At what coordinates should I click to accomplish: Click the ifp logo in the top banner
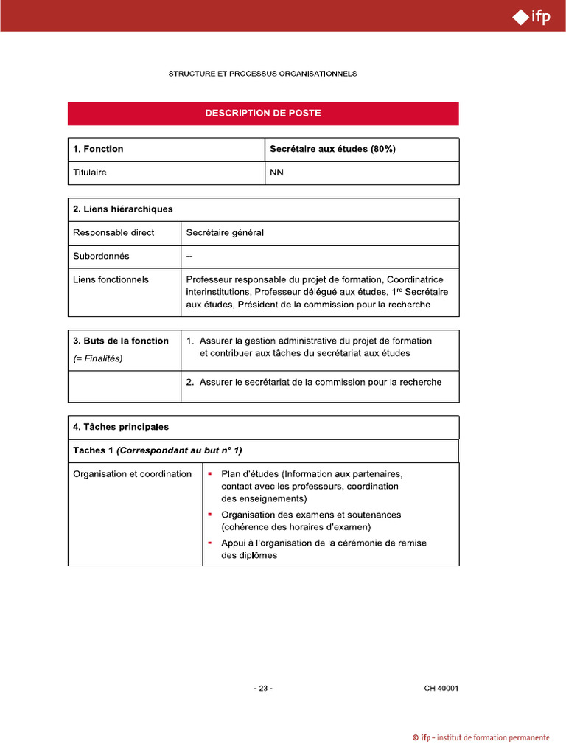coord(531,16)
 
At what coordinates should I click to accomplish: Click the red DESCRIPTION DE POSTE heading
coord(263,114)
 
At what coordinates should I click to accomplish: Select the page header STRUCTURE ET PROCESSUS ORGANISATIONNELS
coord(263,74)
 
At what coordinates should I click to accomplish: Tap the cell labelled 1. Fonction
coord(98,149)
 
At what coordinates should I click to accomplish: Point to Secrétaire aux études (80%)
coord(332,149)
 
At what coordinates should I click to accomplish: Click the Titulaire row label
coord(90,173)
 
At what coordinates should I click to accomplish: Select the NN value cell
coord(277,173)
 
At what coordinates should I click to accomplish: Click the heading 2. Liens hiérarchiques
coord(123,209)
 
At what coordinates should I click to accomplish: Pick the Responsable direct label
coord(113,233)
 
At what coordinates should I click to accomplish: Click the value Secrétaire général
coord(225,233)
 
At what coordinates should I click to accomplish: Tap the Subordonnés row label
coord(101,257)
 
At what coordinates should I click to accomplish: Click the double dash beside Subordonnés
coord(190,257)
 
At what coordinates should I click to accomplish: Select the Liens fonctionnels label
coord(111,280)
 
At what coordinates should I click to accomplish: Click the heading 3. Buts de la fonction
coord(121,341)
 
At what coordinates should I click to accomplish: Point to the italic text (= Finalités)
coord(98,358)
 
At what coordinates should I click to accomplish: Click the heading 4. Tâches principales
coord(121,427)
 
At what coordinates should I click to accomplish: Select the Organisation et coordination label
coord(132,474)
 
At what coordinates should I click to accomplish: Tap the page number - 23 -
coord(263,689)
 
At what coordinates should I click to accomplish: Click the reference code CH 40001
coord(441,689)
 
